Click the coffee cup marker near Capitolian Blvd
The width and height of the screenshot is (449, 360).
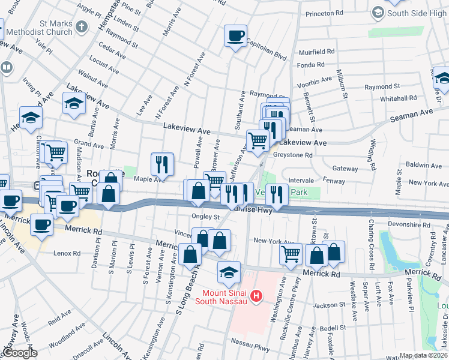(235, 36)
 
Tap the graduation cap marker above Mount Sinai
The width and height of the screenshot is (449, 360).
(228, 272)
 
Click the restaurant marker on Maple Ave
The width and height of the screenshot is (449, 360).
(161, 163)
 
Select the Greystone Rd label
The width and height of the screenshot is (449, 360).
(293, 155)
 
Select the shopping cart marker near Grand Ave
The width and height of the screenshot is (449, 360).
(56, 152)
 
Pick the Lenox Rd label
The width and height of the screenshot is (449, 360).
(67, 253)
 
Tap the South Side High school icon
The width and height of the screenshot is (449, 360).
(378, 12)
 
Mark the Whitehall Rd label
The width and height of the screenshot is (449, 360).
(398, 98)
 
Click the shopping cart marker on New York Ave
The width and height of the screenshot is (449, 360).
(291, 254)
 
